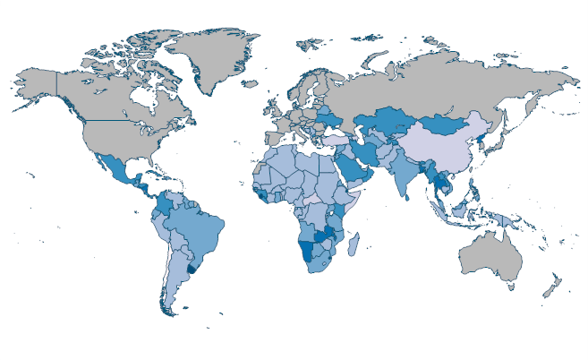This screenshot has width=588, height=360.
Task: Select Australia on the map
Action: coord(490,257)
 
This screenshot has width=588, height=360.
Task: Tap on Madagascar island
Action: coord(354,243)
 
